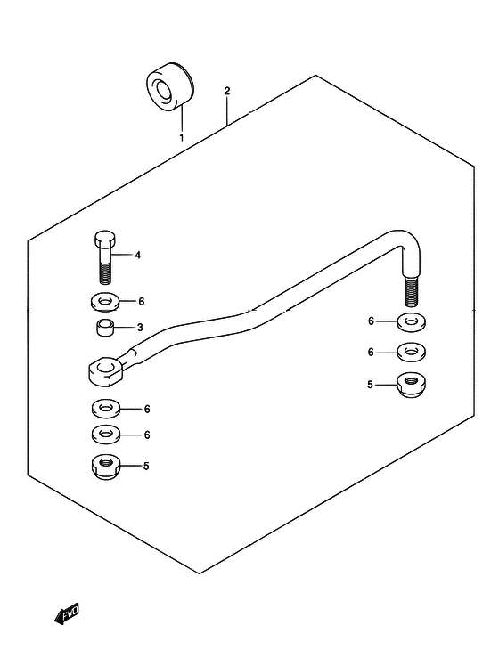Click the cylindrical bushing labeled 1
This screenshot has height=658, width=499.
click(170, 86)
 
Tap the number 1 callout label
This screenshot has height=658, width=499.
click(182, 138)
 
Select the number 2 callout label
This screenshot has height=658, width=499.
click(227, 91)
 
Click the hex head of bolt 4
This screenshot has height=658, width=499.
click(104, 239)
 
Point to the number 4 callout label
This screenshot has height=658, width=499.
click(138, 255)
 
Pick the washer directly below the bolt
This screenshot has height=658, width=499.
click(104, 302)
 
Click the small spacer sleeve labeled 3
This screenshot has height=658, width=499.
click(104, 328)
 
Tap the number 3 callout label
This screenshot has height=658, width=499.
click(140, 328)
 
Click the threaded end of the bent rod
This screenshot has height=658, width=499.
click(411, 290)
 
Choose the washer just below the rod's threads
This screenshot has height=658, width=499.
click(411, 322)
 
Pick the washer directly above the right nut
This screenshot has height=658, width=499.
click(411, 353)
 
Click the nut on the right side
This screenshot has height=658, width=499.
click(411, 385)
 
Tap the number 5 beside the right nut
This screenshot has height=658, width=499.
click(370, 385)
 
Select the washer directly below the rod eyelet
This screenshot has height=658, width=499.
click(106, 409)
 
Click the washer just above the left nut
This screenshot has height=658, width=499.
click(106, 435)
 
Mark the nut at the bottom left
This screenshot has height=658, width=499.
click(106, 467)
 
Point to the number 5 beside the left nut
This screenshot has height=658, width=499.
click(146, 466)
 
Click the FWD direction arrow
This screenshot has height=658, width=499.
click(67, 614)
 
